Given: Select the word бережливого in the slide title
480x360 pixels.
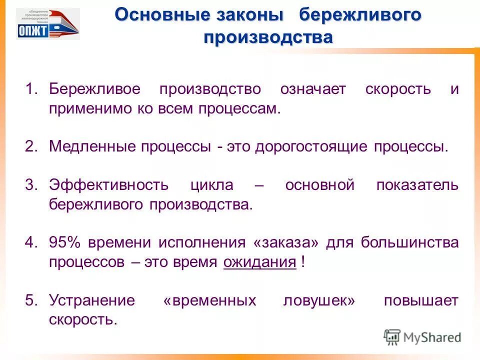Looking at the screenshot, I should (x=360, y=15).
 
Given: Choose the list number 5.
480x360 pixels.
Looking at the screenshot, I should (x=31, y=300).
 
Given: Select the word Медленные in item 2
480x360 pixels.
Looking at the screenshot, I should (x=92, y=147).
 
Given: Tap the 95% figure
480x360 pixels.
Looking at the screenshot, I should (x=65, y=243).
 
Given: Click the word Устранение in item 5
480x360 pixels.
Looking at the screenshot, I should (x=92, y=300).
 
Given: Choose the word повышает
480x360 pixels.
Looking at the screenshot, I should (x=421, y=300).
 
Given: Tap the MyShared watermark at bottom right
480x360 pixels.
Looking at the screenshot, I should (x=422, y=337).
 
